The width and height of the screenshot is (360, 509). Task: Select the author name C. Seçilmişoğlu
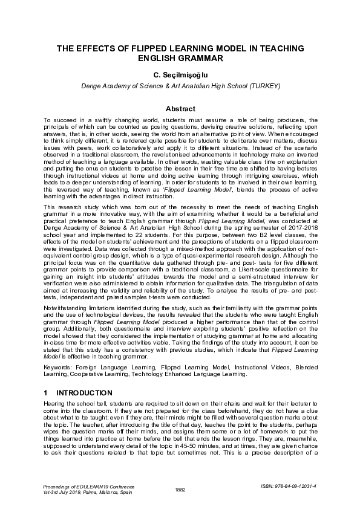[x=180, y=75]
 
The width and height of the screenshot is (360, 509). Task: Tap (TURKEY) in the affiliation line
[x=264, y=86]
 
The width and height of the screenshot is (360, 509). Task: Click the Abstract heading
[x=180, y=109]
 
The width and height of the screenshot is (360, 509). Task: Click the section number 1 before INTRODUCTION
[x=46, y=393]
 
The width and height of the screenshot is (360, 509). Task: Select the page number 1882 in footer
[x=180, y=488]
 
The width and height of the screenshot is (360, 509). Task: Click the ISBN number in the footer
[x=294, y=485]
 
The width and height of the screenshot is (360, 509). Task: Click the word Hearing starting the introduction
[x=54, y=403]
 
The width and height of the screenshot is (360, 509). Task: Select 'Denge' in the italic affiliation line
[x=91, y=86]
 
